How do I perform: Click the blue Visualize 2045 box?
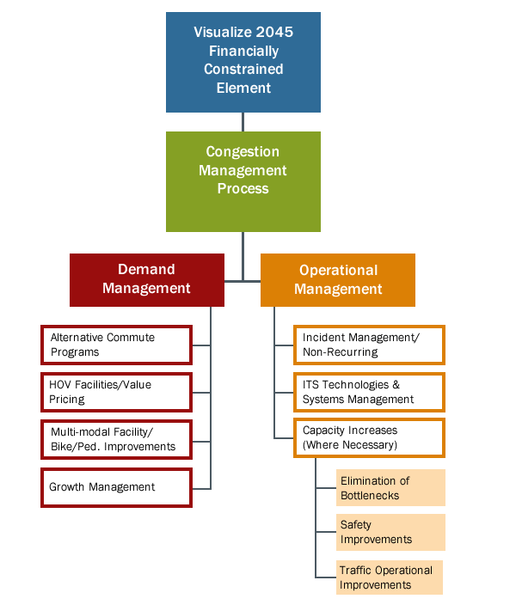coord(243,62)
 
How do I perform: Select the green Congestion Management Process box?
coord(243,181)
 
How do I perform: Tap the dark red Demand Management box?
coord(147,280)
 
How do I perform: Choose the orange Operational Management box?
coord(338,280)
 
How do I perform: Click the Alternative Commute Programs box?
coord(116,345)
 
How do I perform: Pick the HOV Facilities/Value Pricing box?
coord(116,392)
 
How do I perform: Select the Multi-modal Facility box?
coord(116,439)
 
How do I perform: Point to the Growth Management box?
coord(116,487)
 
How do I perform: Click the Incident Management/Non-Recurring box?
coord(369,345)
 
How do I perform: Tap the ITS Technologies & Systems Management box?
coord(369,392)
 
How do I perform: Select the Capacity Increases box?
coord(369,438)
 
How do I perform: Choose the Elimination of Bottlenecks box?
coord(390,488)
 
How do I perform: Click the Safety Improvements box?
coord(390,532)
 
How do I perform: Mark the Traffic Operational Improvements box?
coord(389,577)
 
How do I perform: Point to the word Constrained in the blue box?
coord(243,70)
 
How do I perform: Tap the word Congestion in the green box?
coord(243,152)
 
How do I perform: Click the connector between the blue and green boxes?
coord(243,122)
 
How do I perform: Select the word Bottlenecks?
coord(370,496)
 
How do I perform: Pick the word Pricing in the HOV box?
coord(67,400)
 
